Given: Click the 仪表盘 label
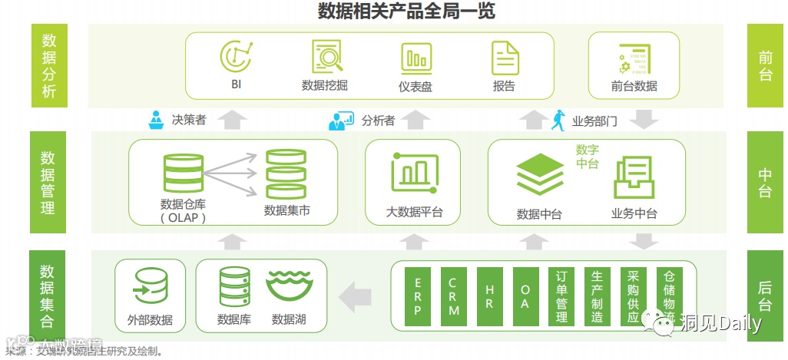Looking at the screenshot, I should [x=416, y=86].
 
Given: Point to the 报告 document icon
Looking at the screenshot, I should [x=505, y=58].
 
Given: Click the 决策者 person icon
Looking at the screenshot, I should [x=157, y=120].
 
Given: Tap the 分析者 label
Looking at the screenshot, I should [x=378, y=120].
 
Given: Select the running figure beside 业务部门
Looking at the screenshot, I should [x=558, y=120].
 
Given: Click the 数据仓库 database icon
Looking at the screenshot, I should [x=184, y=174].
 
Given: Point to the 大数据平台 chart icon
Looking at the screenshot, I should [x=414, y=173].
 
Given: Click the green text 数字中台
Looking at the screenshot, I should [x=588, y=157].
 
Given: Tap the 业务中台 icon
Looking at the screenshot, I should [x=634, y=178].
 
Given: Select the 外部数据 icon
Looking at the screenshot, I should [x=150, y=286].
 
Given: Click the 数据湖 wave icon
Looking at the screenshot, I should [x=289, y=286].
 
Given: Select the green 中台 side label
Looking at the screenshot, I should [x=766, y=183].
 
